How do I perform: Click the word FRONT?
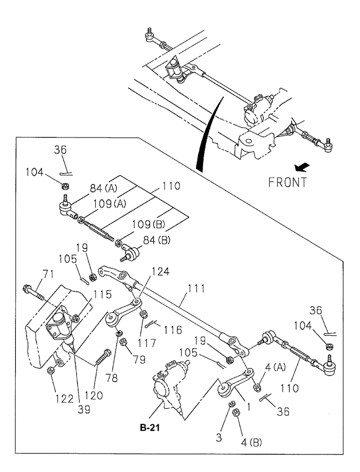click(x=287, y=182)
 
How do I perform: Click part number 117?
click(x=147, y=343)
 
